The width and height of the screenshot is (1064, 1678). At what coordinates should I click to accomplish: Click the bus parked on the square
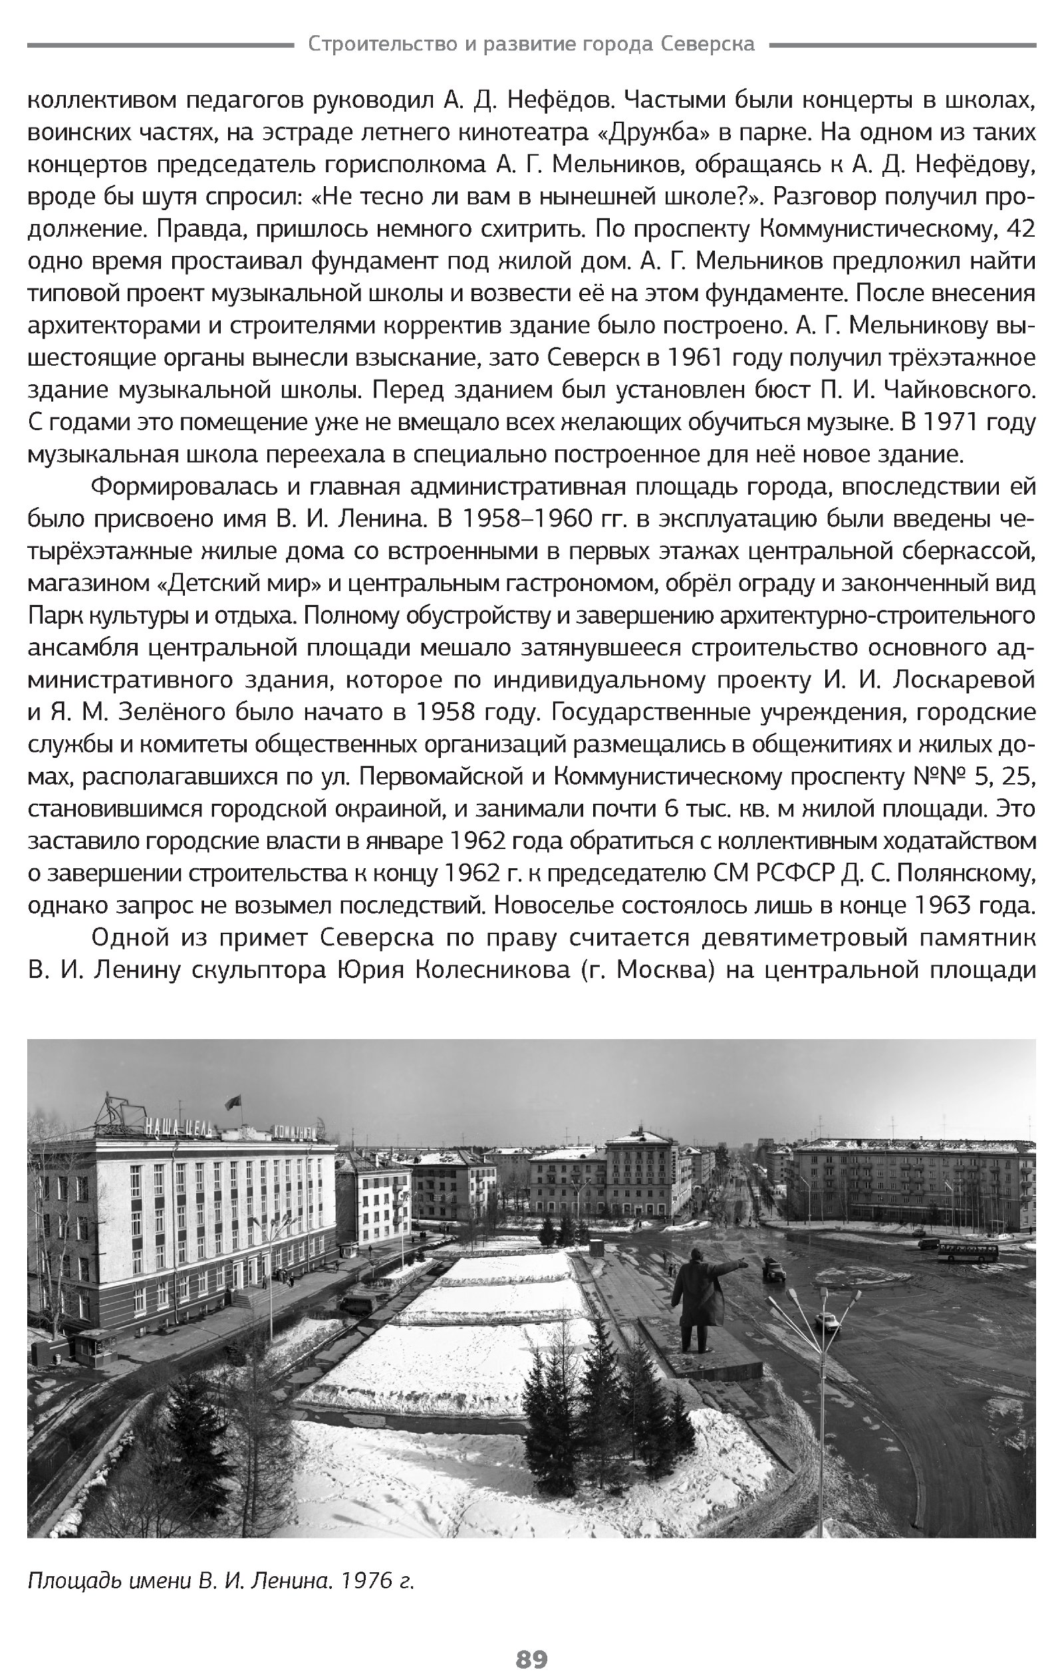967,1253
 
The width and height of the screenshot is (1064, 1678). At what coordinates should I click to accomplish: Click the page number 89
531,1660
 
